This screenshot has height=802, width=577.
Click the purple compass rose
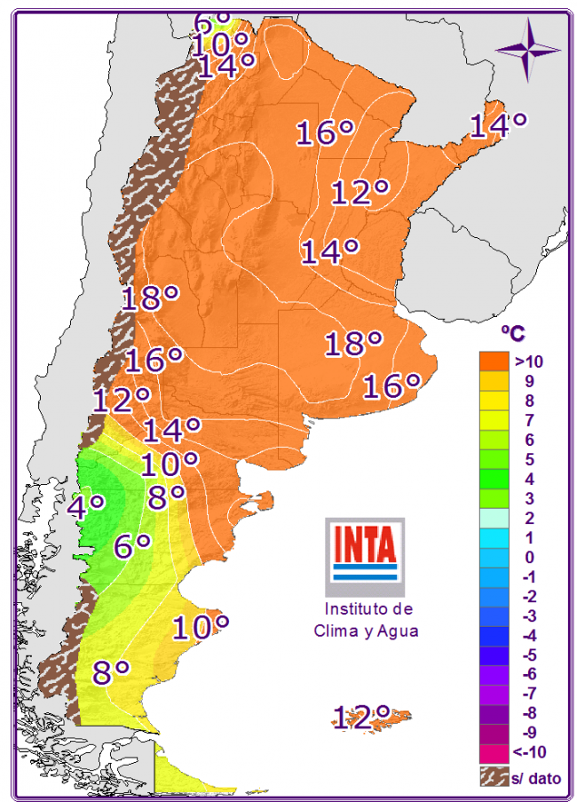[527, 50]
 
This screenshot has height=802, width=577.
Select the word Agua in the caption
[398, 631]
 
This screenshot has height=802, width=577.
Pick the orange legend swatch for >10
[494, 361]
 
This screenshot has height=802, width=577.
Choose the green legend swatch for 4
[494, 479]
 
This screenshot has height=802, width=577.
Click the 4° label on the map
[87, 506]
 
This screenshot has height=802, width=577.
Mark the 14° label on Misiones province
[498, 125]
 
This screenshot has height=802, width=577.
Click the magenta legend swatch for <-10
[494, 752]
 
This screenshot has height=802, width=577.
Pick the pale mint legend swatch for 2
[494, 518]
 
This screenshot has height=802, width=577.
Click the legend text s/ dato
[536, 777]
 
